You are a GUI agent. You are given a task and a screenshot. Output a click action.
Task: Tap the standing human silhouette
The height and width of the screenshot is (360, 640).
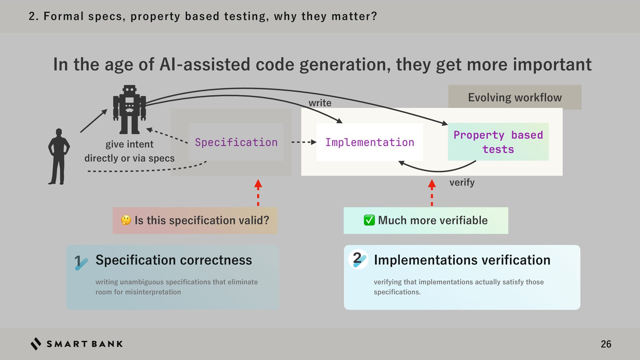click(59, 157)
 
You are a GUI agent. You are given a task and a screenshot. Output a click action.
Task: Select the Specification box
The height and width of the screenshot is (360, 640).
click(236, 142)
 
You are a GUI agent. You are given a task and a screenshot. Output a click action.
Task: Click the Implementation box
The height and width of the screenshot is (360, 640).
click(369, 142)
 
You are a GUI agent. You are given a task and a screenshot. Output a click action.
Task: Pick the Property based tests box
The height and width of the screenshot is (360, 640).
click(498, 142)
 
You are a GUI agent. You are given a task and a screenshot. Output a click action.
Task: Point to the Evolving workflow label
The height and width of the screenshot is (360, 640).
click(515, 97)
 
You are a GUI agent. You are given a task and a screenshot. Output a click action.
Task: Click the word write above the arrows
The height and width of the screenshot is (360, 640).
click(320, 103)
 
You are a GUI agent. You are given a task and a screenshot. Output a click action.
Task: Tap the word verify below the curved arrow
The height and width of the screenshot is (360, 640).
click(462, 182)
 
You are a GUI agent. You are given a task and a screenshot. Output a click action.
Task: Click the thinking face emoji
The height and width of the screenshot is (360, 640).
click(126, 220)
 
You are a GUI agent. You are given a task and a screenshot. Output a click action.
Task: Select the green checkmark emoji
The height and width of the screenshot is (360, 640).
click(369, 220)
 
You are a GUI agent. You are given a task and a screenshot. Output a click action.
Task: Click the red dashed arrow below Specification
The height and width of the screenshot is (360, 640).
click(258, 193)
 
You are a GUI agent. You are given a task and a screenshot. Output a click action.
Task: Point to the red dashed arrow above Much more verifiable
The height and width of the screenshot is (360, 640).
click(432, 193)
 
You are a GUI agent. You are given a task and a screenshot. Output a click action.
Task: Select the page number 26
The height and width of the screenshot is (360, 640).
click(606, 344)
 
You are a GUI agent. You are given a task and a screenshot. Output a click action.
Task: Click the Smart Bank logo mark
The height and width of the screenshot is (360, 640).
click(36, 344)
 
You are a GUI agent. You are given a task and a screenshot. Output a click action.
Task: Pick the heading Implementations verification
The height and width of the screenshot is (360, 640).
click(462, 260)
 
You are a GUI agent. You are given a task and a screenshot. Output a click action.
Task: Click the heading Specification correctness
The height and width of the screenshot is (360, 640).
click(174, 260)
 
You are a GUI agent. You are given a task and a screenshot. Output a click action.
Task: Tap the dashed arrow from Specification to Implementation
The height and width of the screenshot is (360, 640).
click(303, 142)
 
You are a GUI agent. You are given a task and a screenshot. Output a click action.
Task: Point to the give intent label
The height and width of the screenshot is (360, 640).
click(129, 144)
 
